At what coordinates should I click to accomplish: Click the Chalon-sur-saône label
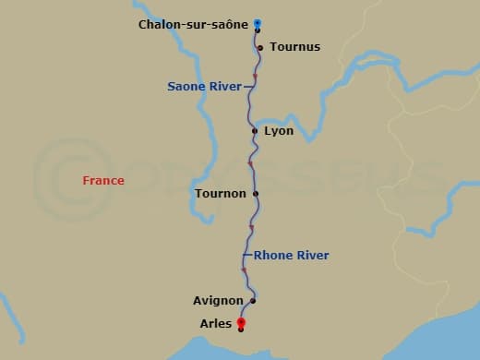tap(194, 25)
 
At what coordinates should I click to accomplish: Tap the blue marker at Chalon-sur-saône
tap(258, 24)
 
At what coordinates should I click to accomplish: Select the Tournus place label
tap(295, 47)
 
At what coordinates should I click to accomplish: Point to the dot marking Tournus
tap(260, 47)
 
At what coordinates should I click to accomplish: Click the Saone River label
tap(204, 87)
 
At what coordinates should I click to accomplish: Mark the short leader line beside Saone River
tap(247, 87)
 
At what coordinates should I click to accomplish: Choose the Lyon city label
tap(279, 131)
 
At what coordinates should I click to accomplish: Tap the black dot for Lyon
tap(255, 131)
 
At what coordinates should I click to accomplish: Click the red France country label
tap(102, 181)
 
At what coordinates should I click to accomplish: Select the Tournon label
tap(221, 194)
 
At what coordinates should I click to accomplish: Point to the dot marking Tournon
tap(256, 194)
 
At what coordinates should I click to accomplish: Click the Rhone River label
tap(291, 256)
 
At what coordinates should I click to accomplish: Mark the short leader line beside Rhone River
tap(247, 255)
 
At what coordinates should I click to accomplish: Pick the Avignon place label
tap(219, 301)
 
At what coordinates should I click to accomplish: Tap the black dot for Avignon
tap(252, 301)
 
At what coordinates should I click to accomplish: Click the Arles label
tap(216, 324)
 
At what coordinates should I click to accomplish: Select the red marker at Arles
tap(241, 323)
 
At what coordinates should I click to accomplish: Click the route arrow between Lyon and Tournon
tap(250, 164)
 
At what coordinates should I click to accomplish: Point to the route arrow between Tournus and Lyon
tap(255, 77)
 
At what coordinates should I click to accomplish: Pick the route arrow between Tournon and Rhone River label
tap(251, 227)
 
